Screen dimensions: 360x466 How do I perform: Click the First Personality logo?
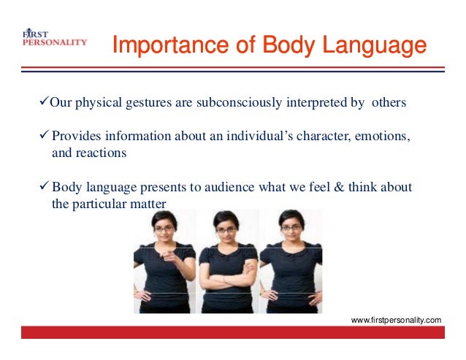point(54,38)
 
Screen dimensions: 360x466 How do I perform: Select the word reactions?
point(102,153)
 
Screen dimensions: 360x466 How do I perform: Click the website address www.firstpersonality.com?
point(397,320)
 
